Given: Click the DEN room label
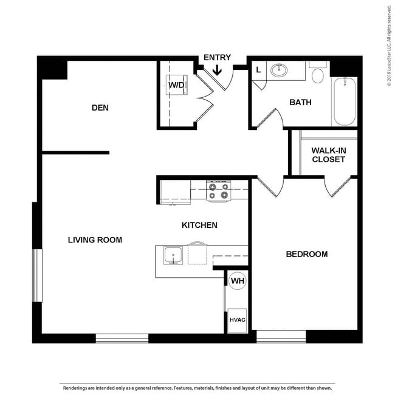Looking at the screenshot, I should coord(100,108).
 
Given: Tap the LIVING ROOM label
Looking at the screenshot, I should coord(95,240).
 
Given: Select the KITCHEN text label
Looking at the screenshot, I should coord(199,225).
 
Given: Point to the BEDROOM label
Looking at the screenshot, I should coord(306,254).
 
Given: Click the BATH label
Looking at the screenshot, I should coord(300,102).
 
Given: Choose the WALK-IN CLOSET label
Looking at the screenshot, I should coord(328,155).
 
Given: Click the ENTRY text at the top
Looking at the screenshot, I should coord(217,58).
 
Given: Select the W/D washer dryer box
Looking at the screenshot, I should coord(177,85).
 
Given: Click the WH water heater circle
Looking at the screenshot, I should coord(237,281).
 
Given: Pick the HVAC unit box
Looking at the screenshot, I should coord(237,320).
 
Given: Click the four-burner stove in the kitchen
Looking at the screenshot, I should coord(218,191).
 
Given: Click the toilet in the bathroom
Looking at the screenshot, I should coord(317,74).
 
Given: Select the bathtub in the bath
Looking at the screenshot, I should coord(344,101).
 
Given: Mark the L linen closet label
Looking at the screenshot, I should coord(258,70).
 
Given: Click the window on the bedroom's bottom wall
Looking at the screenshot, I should coord(281,337).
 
